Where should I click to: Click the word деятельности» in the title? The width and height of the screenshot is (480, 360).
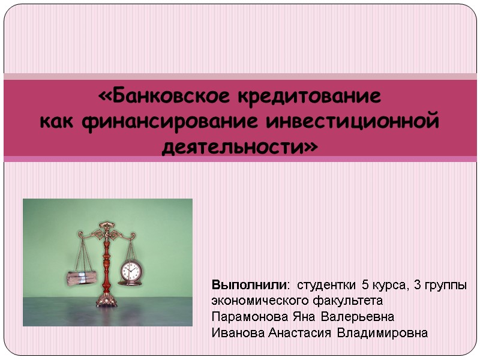click(240, 146)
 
